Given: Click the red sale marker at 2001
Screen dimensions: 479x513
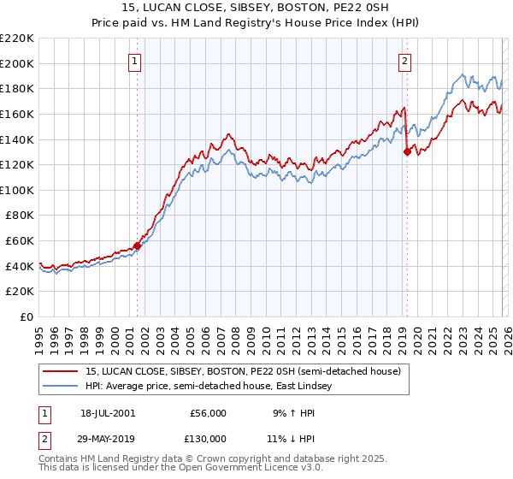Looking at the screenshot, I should tap(137, 246).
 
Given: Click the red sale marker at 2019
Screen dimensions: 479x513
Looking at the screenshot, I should tap(407, 152).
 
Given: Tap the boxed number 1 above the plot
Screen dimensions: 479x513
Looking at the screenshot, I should tap(136, 60).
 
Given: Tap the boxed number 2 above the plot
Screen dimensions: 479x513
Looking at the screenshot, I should tap(404, 60).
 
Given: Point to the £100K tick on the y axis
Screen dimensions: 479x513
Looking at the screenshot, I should tap(18, 190).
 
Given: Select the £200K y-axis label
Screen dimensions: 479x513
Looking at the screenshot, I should tap(18, 63).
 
